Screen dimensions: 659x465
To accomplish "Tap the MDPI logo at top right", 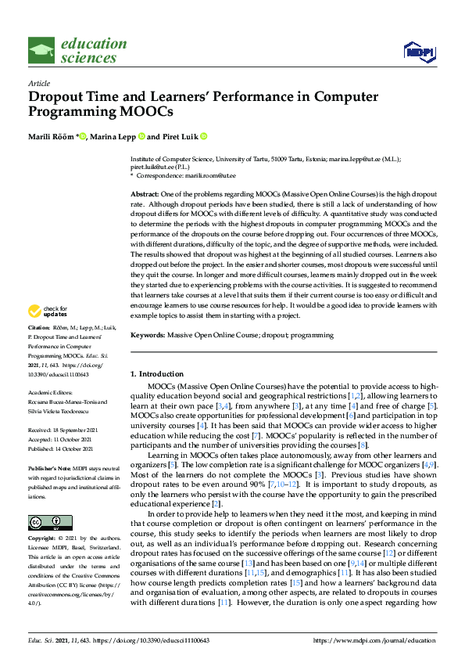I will coord(419,52).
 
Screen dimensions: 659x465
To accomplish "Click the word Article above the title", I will coord(39,83).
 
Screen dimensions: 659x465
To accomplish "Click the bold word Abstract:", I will coord(145,193).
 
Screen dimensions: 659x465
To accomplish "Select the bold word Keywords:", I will coord(148,335).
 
